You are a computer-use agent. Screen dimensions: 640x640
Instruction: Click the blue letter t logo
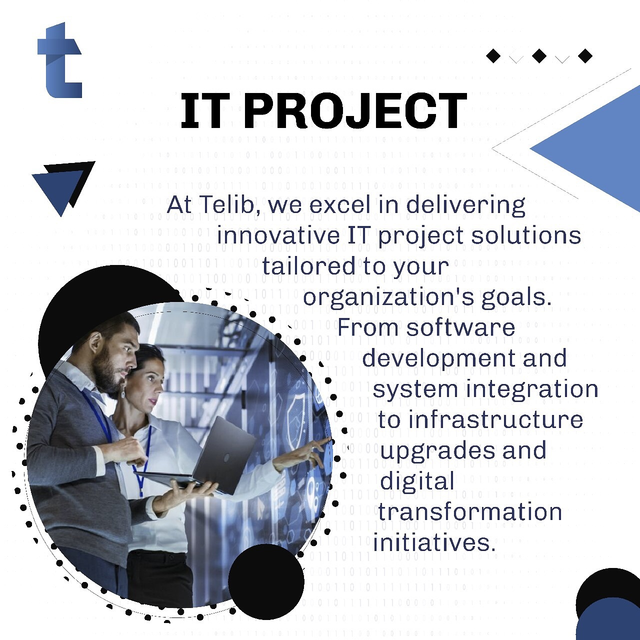pos(60,61)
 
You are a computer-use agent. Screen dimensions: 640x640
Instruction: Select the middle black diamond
pos(539,56)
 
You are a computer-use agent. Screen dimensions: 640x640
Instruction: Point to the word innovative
pos(278,235)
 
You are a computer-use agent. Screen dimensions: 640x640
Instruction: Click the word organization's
pos(388,297)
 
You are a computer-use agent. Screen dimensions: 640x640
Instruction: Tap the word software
pos(460,327)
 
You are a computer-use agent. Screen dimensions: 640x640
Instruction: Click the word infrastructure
pos(495,419)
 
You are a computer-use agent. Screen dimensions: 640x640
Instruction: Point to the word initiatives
pos(434,542)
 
